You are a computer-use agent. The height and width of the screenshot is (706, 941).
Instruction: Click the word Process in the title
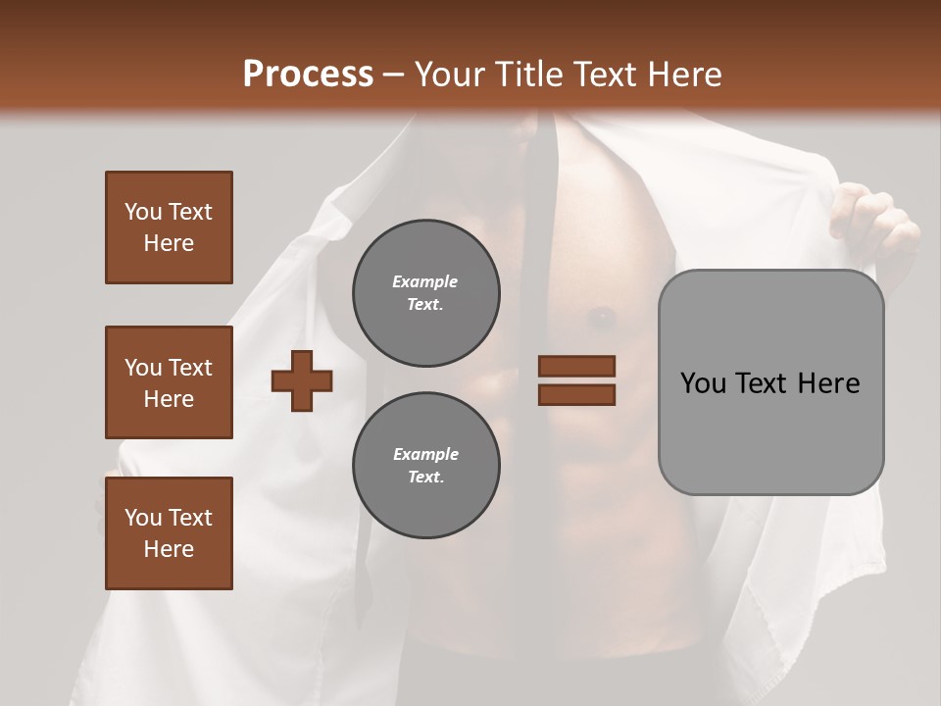(308, 75)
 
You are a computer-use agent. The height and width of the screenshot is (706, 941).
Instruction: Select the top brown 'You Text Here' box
(169, 227)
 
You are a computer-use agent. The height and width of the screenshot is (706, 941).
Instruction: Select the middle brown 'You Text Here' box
(169, 382)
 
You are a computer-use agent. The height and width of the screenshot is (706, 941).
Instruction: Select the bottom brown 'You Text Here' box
(169, 533)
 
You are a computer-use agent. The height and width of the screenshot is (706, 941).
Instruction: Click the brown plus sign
(302, 380)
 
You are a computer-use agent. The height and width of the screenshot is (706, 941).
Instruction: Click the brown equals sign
(576, 380)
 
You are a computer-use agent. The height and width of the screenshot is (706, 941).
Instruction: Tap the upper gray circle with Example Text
(426, 293)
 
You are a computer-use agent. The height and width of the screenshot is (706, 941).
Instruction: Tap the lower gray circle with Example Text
(426, 466)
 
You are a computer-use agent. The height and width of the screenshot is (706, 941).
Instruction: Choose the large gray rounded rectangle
(770, 382)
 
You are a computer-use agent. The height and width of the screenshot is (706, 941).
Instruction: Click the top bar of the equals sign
(576, 367)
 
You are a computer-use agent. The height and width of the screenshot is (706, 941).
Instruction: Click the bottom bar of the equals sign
(576, 394)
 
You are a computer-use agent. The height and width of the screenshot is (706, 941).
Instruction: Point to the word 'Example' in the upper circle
(425, 281)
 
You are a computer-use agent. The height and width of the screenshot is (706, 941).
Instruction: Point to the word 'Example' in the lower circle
(425, 454)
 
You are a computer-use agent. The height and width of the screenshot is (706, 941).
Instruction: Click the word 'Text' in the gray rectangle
(762, 383)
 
